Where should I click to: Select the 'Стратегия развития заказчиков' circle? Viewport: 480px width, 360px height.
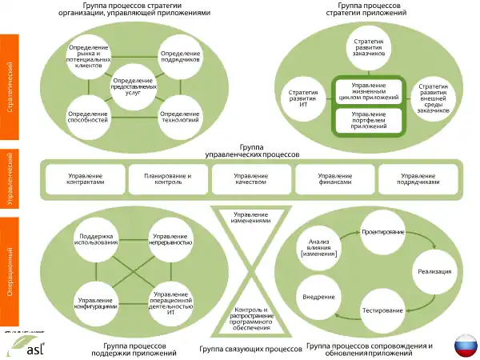[369, 49]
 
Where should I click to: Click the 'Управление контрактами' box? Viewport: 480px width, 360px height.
[86, 179]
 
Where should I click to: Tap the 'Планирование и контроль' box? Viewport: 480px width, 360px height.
[168, 179]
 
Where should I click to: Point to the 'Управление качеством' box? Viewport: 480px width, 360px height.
[251, 179]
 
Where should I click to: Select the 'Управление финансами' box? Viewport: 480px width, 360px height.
[334, 179]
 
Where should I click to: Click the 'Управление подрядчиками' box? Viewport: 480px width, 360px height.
[418, 179]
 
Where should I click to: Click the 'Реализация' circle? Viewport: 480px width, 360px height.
[434, 271]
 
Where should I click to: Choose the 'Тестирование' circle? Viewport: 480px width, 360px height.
[382, 310]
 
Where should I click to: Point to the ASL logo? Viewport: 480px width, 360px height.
[25, 345]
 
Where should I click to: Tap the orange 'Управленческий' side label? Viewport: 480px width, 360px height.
[10, 179]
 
